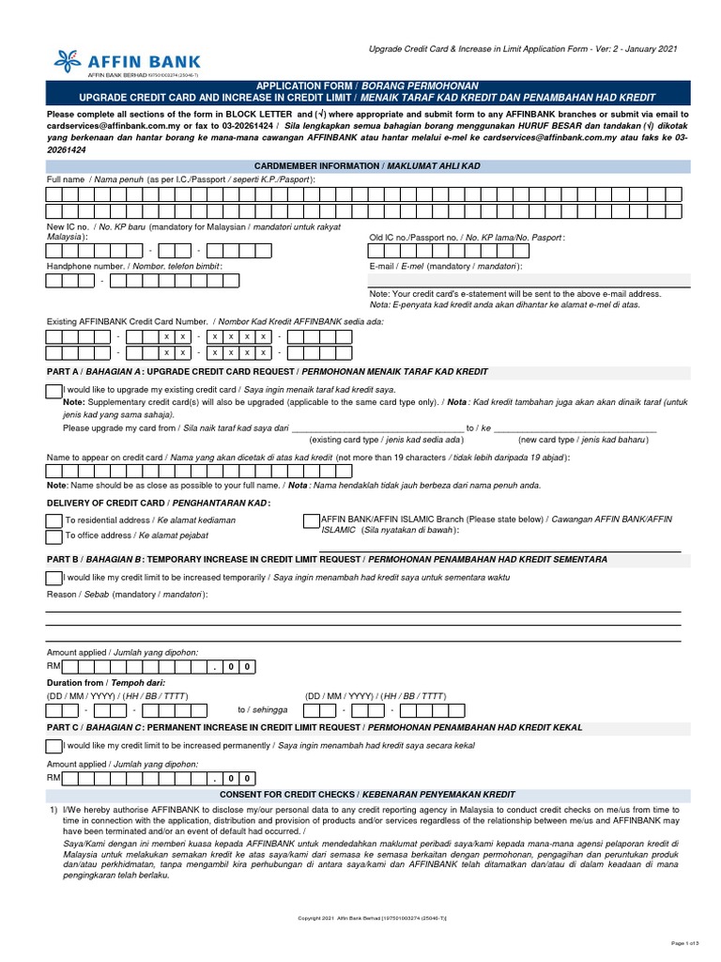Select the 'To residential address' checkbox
click(x=54, y=520)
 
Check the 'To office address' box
click(x=54, y=536)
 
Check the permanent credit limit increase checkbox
click(x=54, y=745)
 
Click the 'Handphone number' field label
click(x=86, y=266)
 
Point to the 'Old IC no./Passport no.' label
click(x=416, y=238)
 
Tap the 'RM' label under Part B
click(x=54, y=666)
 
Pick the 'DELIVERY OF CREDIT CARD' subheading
click(x=113, y=503)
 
